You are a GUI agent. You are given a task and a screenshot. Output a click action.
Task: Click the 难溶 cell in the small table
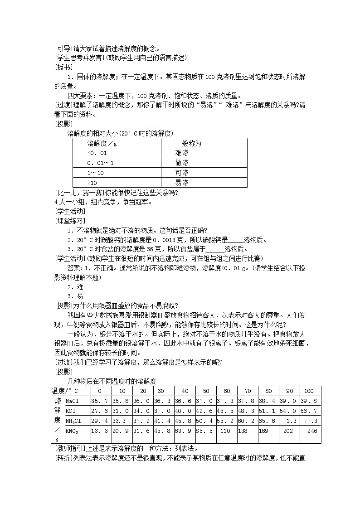coord(181,153)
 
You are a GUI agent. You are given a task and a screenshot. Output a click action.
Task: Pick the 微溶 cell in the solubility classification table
coord(181,163)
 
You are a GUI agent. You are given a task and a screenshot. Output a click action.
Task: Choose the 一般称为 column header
coord(188,143)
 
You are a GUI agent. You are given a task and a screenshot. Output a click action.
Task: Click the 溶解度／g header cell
coord(102,143)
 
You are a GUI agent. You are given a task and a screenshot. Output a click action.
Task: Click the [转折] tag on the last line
coord(63,458)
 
